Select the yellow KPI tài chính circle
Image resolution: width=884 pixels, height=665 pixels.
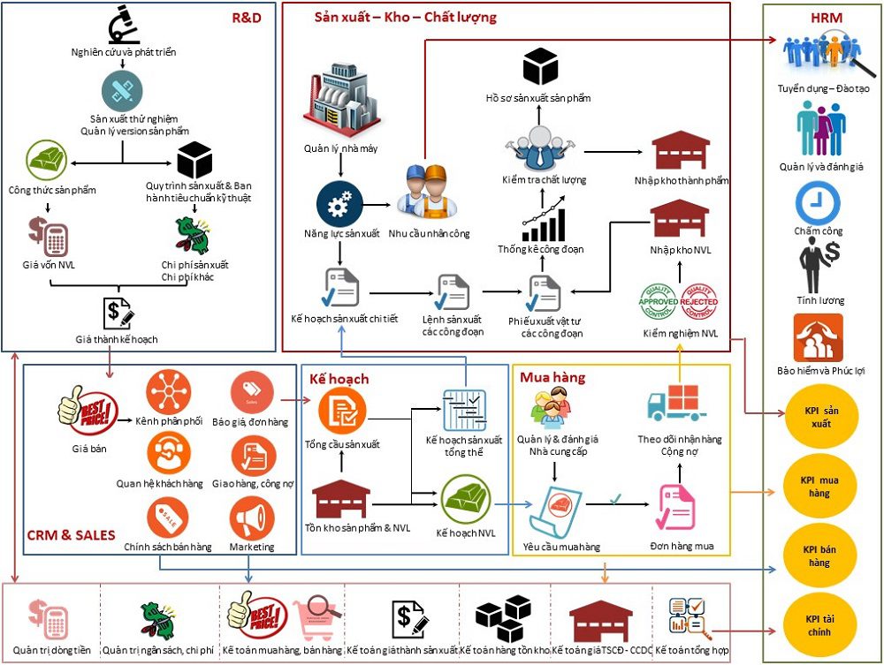(x=821, y=624)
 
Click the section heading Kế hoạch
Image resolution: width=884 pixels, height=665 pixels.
(x=339, y=379)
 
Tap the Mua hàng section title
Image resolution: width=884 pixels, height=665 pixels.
(x=552, y=378)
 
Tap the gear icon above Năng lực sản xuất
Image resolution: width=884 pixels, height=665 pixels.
(x=339, y=204)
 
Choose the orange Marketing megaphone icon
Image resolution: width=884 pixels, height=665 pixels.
(x=251, y=519)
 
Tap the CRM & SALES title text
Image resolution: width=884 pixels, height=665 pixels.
(x=71, y=534)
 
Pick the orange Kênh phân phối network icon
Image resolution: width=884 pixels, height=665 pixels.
(x=169, y=390)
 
